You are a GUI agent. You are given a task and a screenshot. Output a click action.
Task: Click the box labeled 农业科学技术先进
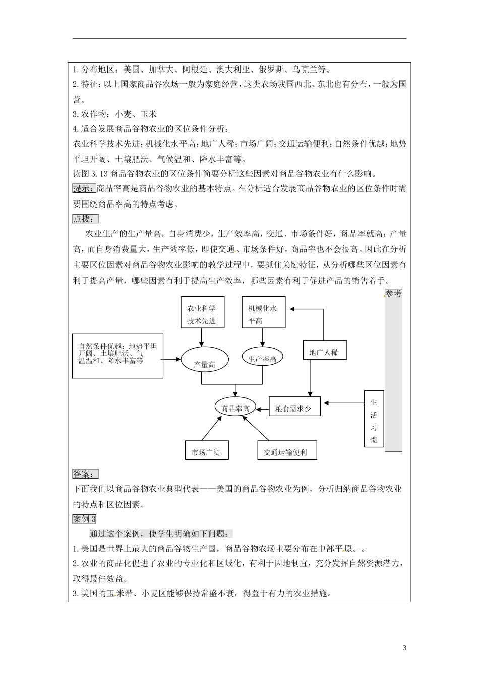pyautogui.click(x=202, y=314)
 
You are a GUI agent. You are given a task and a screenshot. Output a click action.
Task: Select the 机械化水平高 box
pyautogui.click(x=263, y=314)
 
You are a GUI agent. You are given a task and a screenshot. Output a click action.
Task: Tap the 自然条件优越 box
pyautogui.click(x=117, y=355)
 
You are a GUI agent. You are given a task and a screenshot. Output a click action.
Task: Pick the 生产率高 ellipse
pyautogui.click(x=263, y=358)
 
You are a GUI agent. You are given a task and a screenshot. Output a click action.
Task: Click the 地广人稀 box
pyautogui.click(x=324, y=352)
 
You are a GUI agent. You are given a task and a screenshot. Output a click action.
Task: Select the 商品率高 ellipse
pyautogui.click(x=235, y=409)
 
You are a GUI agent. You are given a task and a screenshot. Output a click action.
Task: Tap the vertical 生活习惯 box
pyautogui.click(x=374, y=419)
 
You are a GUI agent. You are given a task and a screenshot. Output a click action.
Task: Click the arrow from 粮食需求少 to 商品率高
pyautogui.click(x=263, y=409)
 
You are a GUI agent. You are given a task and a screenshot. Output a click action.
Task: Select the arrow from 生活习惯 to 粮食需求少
pyautogui.click(x=344, y=402)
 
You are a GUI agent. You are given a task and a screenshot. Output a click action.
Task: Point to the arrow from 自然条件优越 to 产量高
pyautogui.click(x=172, y=359)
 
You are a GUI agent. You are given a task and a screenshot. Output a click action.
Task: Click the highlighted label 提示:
pyautogui.click(x=84, y=189)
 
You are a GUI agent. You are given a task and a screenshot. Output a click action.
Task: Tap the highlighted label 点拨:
pyautogui.click(x=85, y=219)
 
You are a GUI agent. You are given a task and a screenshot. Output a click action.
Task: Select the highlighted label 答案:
pyautogui.click(x=85, y=474)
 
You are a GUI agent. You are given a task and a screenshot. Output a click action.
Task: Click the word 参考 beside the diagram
pyautogui.click(x=394, y=294)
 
